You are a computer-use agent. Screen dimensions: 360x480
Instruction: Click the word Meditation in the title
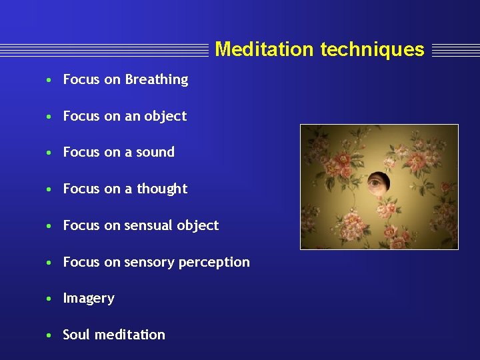pos(264,49)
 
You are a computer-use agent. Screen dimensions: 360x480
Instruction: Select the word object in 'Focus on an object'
pos(165,117)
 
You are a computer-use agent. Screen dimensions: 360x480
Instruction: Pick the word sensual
pos(148,225)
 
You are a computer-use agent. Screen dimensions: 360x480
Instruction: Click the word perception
pos(214,263)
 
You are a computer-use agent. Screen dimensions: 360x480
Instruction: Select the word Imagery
pos(89,299)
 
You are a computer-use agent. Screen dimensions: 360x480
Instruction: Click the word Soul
pos(76,335)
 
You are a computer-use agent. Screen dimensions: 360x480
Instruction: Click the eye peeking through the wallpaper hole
pos(377,181)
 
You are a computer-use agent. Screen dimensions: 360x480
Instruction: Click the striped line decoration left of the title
pos(104,50)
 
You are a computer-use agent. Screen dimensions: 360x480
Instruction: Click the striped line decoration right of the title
pos(455,50)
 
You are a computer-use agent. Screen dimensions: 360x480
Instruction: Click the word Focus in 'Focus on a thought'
pos(81,189)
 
